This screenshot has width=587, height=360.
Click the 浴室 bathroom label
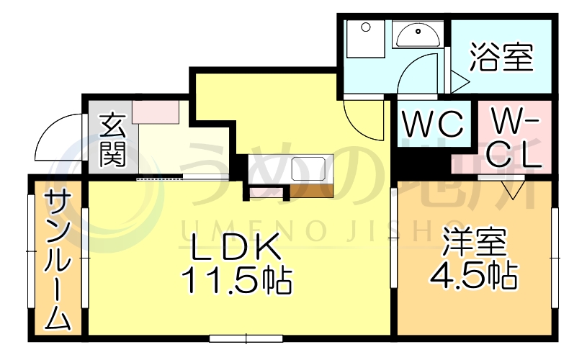point(502,58)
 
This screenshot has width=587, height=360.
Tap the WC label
point(432,125)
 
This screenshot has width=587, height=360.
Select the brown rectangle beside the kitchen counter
point(311,190)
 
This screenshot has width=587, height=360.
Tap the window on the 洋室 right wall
point(555,256)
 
